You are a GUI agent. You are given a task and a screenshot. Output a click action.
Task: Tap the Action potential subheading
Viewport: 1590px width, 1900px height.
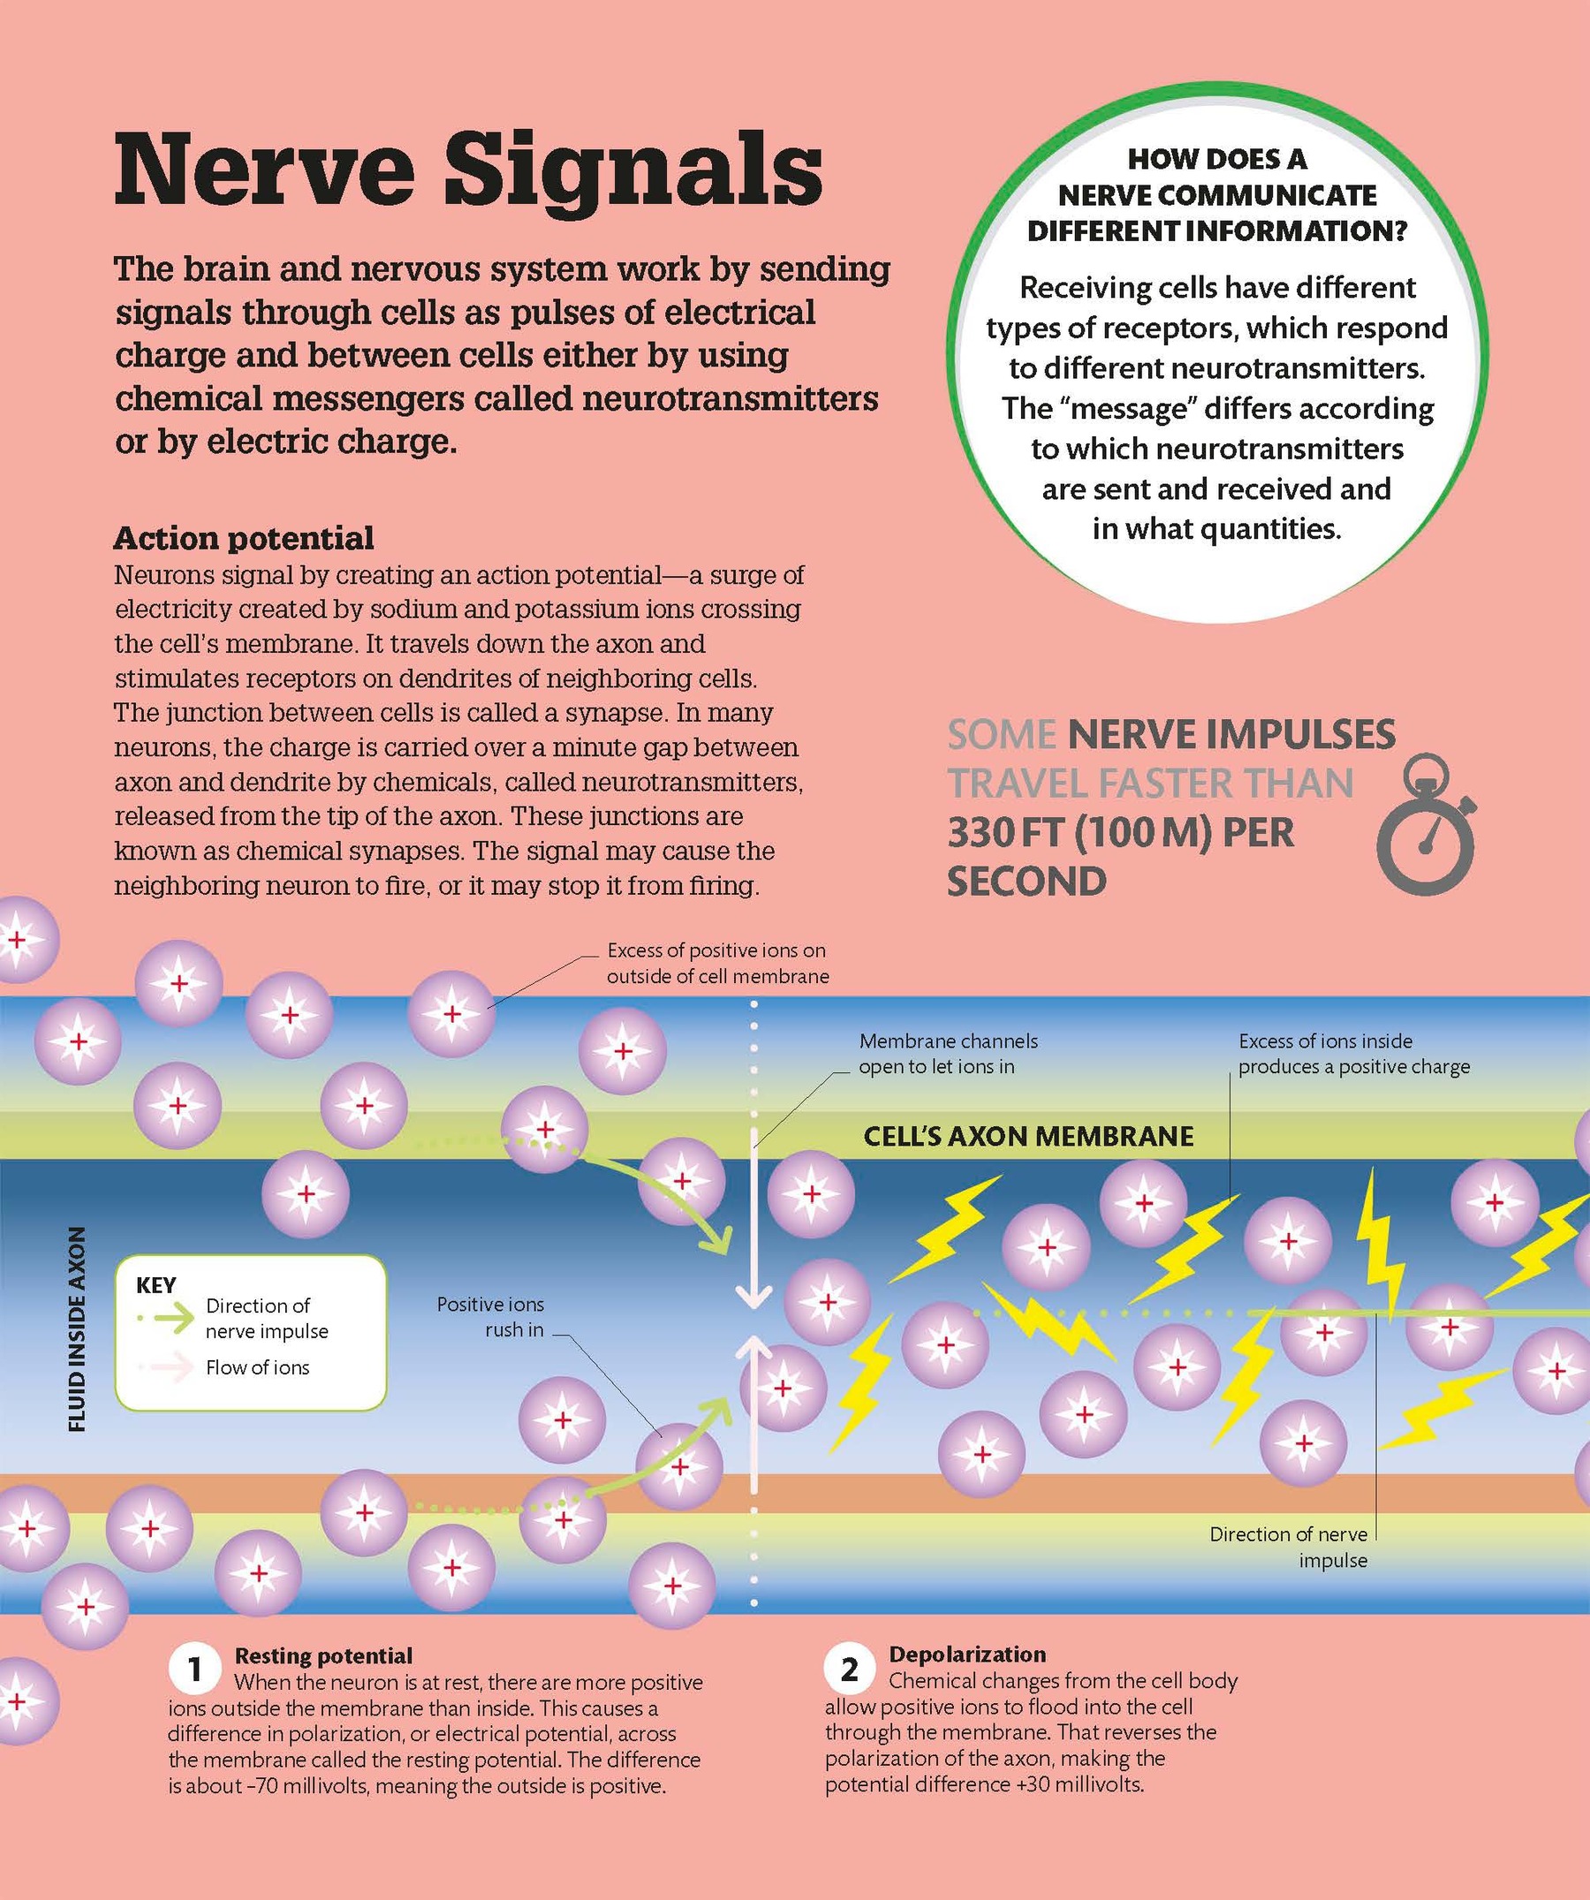pyautogui.click(x=244, y=538)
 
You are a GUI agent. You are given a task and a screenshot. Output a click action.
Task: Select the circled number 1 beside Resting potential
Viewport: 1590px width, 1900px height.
pyautogui.click(x=194, y=1670)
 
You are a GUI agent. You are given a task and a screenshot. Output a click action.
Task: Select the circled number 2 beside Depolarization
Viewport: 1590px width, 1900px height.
pyautogui.click(x=849, y=1669)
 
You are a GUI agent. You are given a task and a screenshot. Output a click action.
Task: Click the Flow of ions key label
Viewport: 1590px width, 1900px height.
pyautogui.click(x=257, y=1367)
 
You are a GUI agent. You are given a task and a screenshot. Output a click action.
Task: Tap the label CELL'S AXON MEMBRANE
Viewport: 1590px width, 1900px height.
pyautogui.click(x=1028, y=1137)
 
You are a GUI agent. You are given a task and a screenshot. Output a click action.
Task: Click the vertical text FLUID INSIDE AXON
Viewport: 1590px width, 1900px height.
pyautogui.click(x=78, y=1329)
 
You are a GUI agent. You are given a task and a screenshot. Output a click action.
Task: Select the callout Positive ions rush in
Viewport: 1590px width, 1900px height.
pyautogui.click(x=490, y=1317)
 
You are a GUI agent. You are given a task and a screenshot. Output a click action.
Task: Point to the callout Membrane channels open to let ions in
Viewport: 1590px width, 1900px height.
pyautogui.click(x=948, y=1054)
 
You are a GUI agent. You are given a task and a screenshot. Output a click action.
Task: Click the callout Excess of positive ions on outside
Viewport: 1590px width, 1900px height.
pyautogui.click(x=716, y=963)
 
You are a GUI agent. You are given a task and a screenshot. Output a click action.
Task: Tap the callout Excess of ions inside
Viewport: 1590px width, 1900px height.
pyautogui.click(x=1353, y=1054)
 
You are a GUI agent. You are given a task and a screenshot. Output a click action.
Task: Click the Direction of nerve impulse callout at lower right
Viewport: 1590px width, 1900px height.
pyautogui.click(x=1288, y=1548)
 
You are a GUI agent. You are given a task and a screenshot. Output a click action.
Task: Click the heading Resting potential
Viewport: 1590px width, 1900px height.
pyautogui.click(x=323, y=1655)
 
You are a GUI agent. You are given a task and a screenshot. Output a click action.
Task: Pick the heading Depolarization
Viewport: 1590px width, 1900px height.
pyautogui.click(x=966, y=1654)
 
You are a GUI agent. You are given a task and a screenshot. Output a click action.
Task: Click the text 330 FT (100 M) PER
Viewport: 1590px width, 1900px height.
pyautogui.click(x=1120, y=832)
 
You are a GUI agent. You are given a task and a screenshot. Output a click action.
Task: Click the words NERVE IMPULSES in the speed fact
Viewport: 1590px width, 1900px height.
pyautogui.click(x=1230, y=735)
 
